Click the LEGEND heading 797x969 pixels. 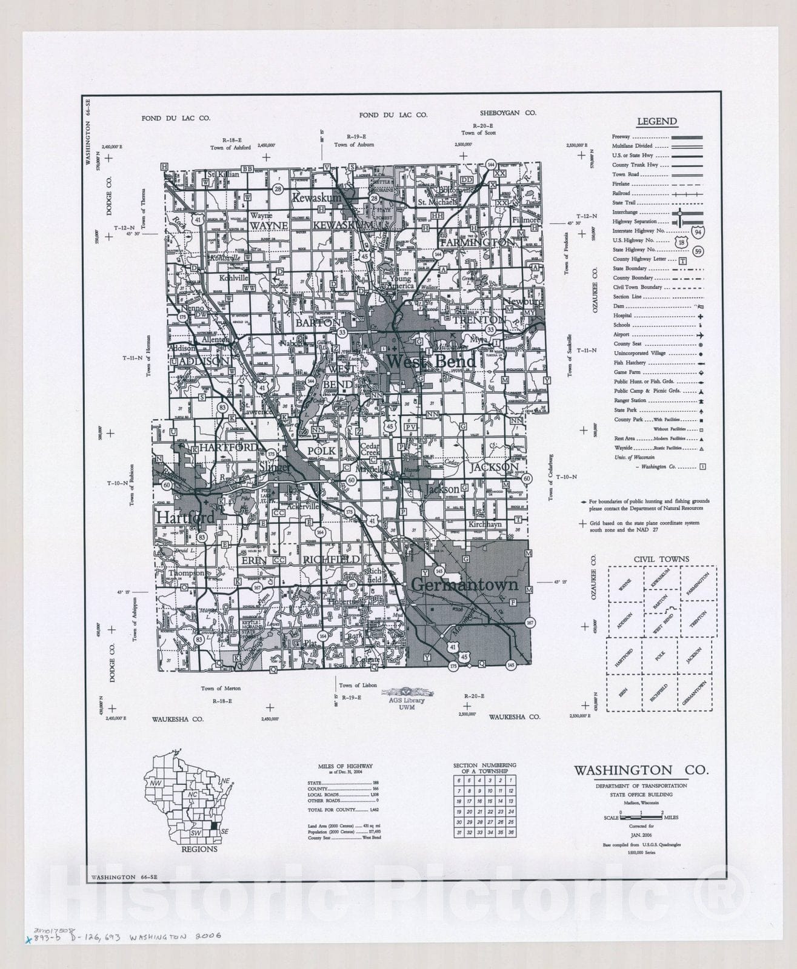click(657, 121)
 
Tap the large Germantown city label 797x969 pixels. click(465, 584)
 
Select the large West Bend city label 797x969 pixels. click(431, 362)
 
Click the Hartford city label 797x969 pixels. click(185, 518)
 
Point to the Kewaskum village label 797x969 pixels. click(316, 197)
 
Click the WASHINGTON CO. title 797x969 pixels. click(641, 770)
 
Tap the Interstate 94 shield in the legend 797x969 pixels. click(700, 232)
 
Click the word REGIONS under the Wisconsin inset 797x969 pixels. click(199, 849)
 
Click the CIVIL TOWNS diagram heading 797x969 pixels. click(661, 559)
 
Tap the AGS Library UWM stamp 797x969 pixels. click(407, 700)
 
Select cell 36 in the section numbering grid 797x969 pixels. click(511, 833)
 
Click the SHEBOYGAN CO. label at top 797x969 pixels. click(508, 113)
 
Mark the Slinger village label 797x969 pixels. click(274, 468)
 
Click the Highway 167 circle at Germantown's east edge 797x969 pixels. click(530, 623)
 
